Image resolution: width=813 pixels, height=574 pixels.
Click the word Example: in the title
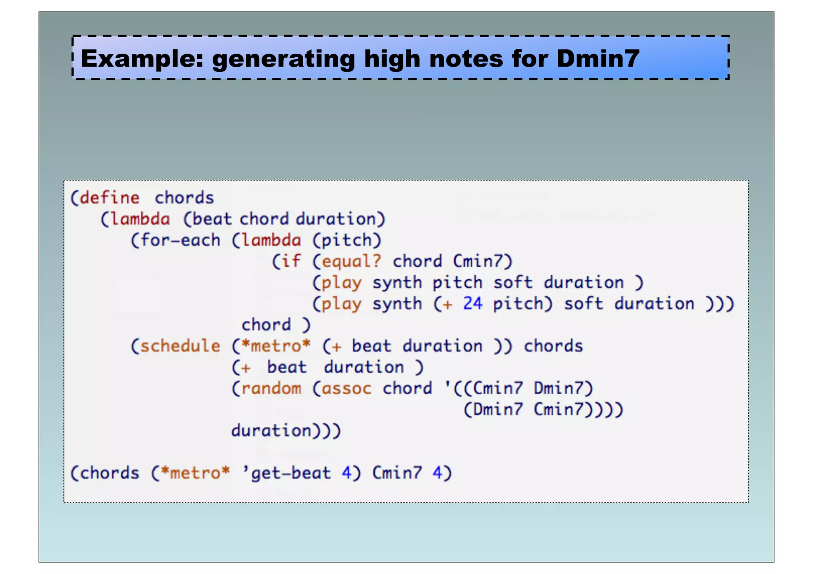tap(142, 59)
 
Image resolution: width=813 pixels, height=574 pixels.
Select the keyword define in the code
tap(110, 198)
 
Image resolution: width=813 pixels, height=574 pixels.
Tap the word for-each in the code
tap(180, 240)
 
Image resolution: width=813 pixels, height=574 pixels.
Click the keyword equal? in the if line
tap(351, 261)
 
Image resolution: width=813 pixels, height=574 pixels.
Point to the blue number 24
tap(472, 303)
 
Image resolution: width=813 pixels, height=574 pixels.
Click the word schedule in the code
tap(180, 346)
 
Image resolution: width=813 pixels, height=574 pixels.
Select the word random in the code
tap(271, 388)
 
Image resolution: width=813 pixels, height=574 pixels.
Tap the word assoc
tap(346, 388)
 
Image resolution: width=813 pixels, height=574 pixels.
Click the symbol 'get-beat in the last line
tap(287, 473)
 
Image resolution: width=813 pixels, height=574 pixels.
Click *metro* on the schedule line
tap(275, 346)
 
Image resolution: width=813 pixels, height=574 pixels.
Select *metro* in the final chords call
tap(195, 473)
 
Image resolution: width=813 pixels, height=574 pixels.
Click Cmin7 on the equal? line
tap(478, 261)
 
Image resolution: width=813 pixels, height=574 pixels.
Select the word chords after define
tap(184, 198)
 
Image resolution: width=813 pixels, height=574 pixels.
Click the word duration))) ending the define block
tap(286, 430)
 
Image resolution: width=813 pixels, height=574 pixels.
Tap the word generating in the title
tap(283, 59)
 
